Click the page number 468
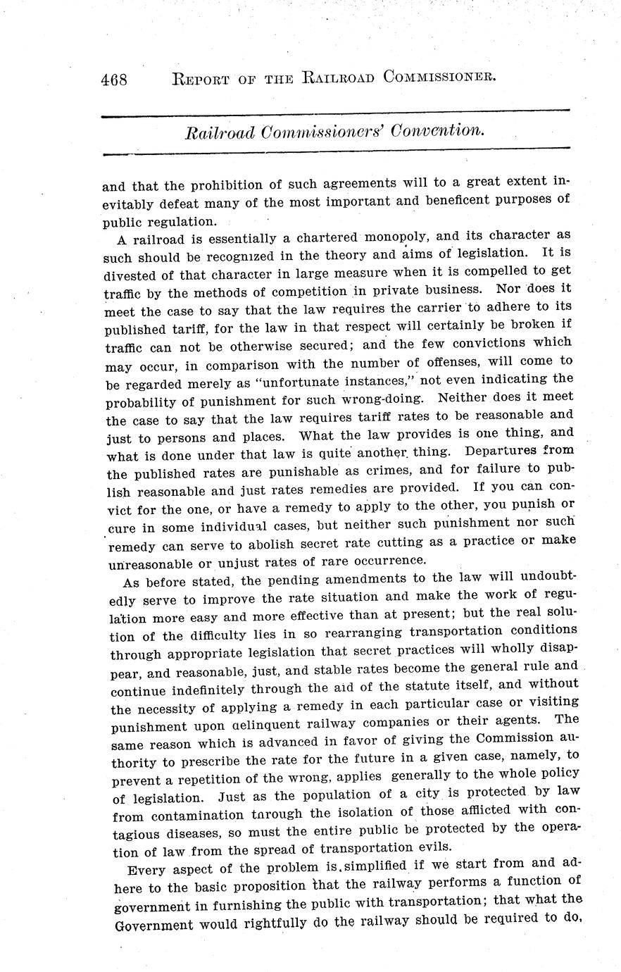pyautogui.click(x=113, y=79)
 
